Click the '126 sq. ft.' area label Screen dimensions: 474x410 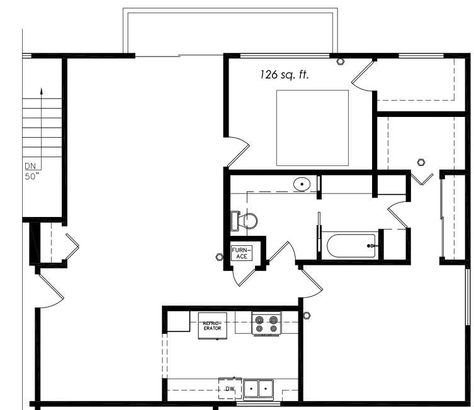(285, 75)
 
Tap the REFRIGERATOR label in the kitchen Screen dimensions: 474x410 (212, 326)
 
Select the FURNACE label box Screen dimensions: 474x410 (242, 253)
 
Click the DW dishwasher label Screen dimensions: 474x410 (230, 389)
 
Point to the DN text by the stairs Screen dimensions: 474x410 (30, 166)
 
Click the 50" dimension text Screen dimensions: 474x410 (32, 177)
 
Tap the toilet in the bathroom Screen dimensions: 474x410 (244, 221)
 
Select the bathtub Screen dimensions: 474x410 (351, 246)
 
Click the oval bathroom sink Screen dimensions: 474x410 (302, 184)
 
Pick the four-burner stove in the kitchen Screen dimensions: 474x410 (266, 324)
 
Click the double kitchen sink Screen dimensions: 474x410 (258, 389)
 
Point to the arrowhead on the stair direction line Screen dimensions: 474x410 (42, 91)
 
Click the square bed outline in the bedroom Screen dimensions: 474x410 (312, 128)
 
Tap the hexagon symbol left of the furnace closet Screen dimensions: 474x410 (219, 257)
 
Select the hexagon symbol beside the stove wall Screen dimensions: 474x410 (306, 316)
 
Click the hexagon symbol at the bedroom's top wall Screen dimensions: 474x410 (341, 62)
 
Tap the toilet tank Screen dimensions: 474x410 (234, 221)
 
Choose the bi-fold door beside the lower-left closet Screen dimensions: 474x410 (72, 247)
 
